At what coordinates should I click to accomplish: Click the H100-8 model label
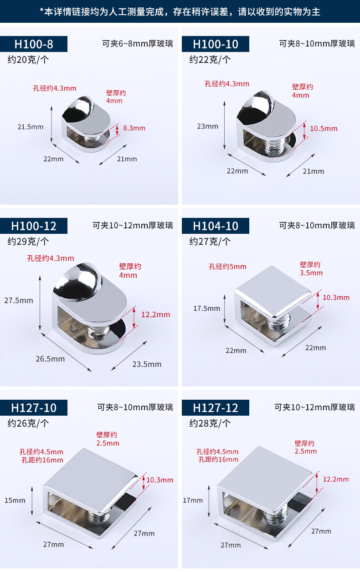34,44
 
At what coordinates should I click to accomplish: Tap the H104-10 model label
216,226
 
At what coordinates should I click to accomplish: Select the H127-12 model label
216,407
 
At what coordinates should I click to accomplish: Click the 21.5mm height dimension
30,127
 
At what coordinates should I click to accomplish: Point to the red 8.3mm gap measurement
134,128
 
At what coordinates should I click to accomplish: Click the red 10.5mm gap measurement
324,129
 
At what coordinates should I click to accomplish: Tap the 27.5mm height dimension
19,300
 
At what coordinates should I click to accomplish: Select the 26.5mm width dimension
50,359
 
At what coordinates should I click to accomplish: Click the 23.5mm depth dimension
147,364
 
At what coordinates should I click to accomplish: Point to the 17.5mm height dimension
206,309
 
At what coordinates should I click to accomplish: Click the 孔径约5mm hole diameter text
227,267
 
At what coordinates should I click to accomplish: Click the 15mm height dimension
15,500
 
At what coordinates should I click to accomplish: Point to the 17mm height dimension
193,500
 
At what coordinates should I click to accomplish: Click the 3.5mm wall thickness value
311,273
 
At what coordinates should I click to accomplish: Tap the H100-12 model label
34,226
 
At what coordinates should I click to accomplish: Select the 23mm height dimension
207,126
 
